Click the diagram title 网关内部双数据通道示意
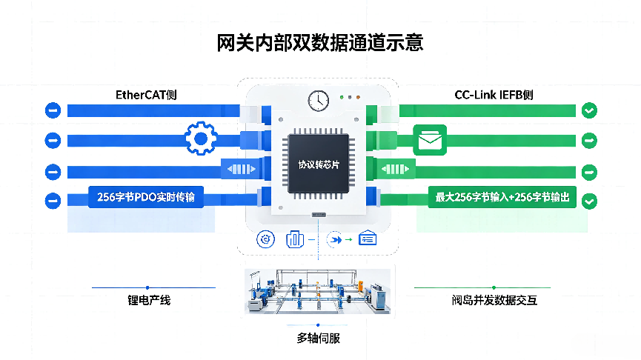click(x=319, y=43)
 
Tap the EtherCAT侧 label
click(x=146, y=96)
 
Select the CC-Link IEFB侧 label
click(x=494, y=96)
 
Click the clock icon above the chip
click(x=319, y=101)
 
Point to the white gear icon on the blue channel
click(x=200, y=139)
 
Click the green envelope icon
click(x=430, y=140)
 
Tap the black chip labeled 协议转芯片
click(x=319, y=164)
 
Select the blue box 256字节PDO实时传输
click(x=146, y=197)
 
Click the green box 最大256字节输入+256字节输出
click(x=502, y=197)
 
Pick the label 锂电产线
click(x=149, y=300)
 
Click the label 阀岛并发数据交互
click(x=494, y=300)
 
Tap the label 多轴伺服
click(x=319, y=339)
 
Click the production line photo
click(x=318, y=291)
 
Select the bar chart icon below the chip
click(x=295, y=239)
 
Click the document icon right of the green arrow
click(x=368, y=239)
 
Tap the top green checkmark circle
click(x=589, y=110)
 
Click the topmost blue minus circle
click(x=53, y=110)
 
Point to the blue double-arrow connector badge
click(x=242, y=169)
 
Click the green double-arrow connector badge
click(x=395, y=169)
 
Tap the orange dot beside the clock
click(x=358, y=97)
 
